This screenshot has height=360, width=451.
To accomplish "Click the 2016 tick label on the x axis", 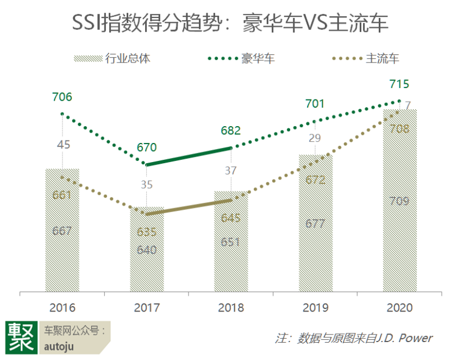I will (62, 307).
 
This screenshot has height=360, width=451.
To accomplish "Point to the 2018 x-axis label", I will (231, 307).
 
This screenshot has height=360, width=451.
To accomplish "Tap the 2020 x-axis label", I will (399, 307).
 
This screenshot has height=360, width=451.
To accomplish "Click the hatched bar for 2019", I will (315, 245).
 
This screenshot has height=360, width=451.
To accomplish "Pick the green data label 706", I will (62, 97).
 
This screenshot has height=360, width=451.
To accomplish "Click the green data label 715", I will (399, 84).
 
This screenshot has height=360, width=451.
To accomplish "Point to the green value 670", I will (147, 147).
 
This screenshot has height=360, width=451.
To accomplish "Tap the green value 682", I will (230, 131).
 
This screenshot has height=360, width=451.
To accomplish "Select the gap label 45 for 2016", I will (64, 145).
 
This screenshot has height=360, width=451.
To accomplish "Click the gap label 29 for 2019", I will (315, 138).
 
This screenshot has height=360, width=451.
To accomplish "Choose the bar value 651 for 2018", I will (231, 242).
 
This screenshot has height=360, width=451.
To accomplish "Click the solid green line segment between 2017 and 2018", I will (189, 156).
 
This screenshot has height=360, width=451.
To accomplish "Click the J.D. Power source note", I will (353, 338).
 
